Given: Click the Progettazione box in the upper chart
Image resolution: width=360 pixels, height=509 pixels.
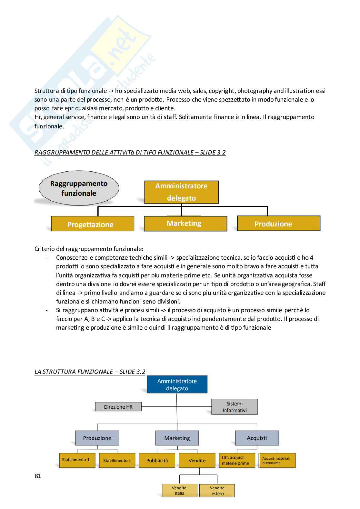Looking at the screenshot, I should [93, 224].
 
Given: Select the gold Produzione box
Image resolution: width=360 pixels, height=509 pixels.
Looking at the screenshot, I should [278, 224].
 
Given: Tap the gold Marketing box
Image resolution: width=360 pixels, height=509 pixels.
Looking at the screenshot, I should [185, 223].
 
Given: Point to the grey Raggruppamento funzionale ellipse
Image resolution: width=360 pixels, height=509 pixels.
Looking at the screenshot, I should [79, 188].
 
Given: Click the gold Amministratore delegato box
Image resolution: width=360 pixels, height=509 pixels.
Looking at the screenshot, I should [181, 192].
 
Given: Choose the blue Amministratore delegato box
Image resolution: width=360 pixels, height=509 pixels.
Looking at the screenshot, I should [177, 384].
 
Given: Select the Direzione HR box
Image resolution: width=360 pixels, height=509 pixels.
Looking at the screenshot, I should [118, 407].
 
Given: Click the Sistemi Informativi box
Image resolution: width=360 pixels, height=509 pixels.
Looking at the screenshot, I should [235, 407].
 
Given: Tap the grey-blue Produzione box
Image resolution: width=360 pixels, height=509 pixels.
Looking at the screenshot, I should [97, 438].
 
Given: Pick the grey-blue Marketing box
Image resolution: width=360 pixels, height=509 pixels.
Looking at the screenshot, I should [177, 438].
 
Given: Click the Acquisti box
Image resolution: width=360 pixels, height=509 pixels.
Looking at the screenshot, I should [257, 438].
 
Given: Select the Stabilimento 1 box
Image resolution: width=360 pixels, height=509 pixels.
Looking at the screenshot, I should [77, 460].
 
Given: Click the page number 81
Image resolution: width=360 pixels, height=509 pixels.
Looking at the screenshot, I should [38, 476].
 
